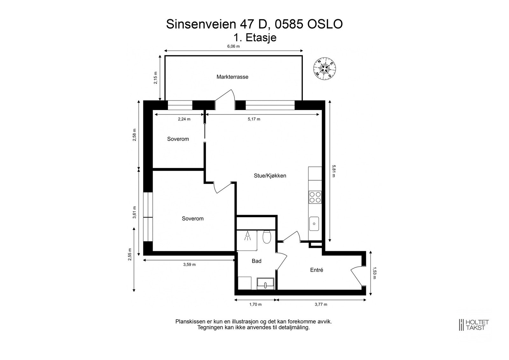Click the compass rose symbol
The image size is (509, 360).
coord(324,68)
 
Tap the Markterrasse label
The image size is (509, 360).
coord(232,77)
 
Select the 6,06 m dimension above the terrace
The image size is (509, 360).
coord(233,46)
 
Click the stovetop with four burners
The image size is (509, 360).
coord(315,197)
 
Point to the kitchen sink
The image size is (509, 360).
coord(314,224)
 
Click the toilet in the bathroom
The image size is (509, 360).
coord(267,237)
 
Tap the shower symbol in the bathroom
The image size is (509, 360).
coord(247,236)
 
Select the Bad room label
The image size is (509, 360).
coord(256,261)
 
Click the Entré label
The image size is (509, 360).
coord(317,270)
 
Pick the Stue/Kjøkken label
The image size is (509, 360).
coord(270,176)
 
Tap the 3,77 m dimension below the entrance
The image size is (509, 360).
coord(321,304)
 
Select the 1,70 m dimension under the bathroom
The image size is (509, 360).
coord(255,304)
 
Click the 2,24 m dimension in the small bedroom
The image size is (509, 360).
coord(184,119)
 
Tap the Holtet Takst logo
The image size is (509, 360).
coord(473,325)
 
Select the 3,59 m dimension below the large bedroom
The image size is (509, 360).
coord(189,265)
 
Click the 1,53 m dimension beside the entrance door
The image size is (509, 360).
coord(374,273)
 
